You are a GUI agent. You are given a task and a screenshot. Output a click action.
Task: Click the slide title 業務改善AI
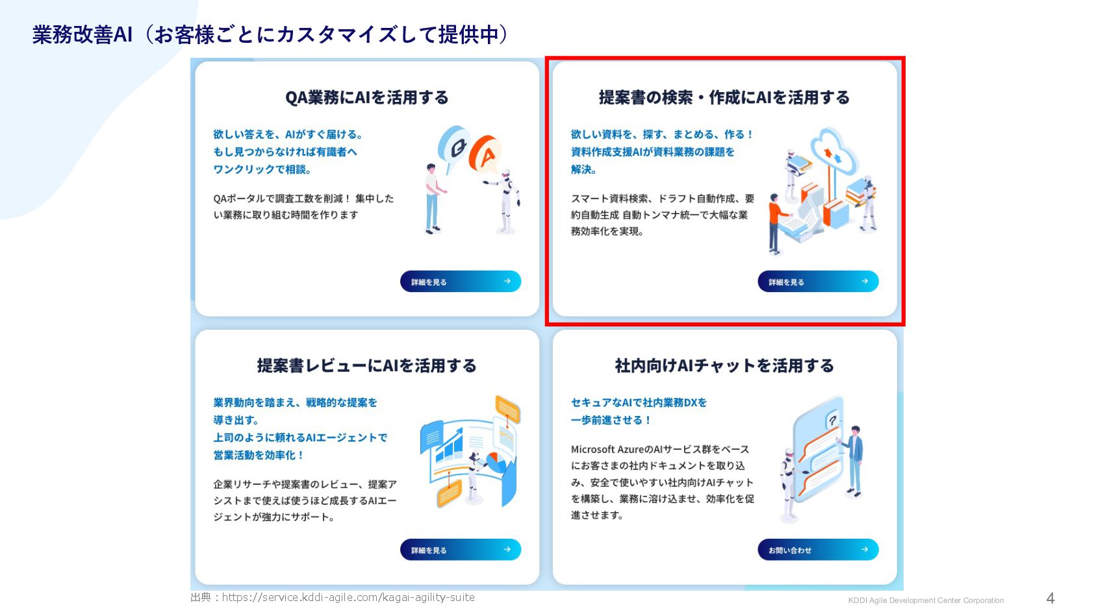[x=83, y=34]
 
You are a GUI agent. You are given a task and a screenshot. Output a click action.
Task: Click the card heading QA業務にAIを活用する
[x=367, y=97]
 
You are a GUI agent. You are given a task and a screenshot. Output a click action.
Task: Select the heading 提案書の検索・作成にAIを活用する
[x=724, y=97]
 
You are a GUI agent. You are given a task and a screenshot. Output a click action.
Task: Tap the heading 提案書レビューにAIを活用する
[x=367, y=365]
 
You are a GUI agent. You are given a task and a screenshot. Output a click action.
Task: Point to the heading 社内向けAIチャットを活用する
[x=724, y=365]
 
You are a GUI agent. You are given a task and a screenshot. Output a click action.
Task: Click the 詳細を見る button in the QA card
[x=461, y=282]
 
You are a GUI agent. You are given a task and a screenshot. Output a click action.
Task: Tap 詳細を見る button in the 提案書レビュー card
[x=461, y=550]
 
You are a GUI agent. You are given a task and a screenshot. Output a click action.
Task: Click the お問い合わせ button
[x=818, y=550]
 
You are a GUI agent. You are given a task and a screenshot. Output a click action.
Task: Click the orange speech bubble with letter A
[x=485, y=154]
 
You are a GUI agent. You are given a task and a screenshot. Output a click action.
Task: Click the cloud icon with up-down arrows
[x=833, y=152]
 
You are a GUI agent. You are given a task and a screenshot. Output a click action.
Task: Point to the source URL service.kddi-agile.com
[x=348, y=597]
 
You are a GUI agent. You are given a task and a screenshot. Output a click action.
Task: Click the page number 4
[x=1050, y=598]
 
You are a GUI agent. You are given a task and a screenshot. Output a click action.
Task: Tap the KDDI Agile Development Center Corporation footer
[x=926, y=600]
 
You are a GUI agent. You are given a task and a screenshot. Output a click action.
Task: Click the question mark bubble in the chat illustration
[x=833, y=420]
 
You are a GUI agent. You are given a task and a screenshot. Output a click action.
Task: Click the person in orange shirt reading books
[x=776, y=224]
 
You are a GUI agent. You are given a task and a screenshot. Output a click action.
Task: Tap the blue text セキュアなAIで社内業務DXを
[x=639, y=402]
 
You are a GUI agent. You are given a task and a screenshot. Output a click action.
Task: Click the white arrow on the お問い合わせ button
[x=865, y=550]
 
